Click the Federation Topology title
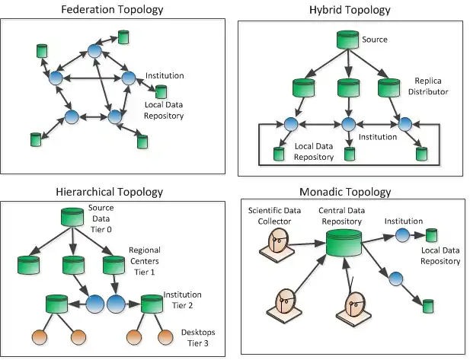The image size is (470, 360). (114, 9)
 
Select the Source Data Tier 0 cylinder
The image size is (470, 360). (72, 218)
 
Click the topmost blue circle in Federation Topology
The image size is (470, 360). (94, 50)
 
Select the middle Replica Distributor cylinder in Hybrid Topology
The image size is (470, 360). (348, 88)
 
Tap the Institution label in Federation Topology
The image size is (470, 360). (165, 76)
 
